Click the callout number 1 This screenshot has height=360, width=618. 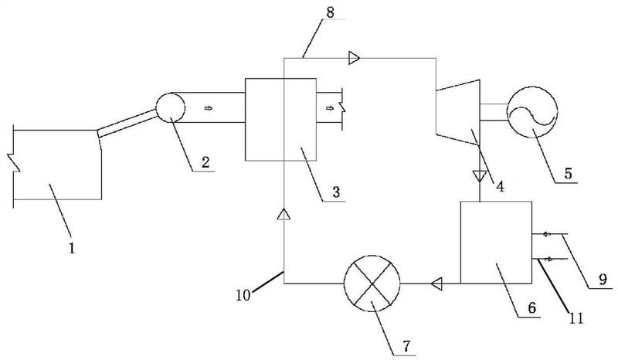pyautogui.click(x=72, y=249)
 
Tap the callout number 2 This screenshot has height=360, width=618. pyautogui.click(x=205, y=162)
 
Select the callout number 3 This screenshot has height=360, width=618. pyautogui.click(x=336, y=192)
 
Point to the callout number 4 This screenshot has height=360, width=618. pyautogui.click(x=500, y=186)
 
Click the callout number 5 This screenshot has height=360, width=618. pyautogui.click(x=568, y=174)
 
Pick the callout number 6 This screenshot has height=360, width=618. pyautogui.click(x=531, y=307)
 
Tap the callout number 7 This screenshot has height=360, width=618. pyautogui.click(x=406, y=346)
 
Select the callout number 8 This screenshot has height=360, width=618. pyautogui.click(x=331, y=12)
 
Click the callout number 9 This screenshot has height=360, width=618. pyautogui.click(x=603, y=280)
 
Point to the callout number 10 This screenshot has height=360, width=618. pyautogui.click(x=243, y=295)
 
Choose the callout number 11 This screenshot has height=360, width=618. pyautogui.click(x=576, y=318)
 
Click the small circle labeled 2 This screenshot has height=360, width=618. pyautogui.click(x=170, y=107)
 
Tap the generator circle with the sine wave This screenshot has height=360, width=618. pyautogui.click(x=532, y=112)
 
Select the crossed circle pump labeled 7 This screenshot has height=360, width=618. pyautogui.click(x=372, y=283)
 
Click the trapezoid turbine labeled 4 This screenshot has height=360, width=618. pyautogui.click(x=457, y=113)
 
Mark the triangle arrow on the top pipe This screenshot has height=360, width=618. pyautogui.click(x=355, y=59)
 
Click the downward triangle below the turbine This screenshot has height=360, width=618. pyautogui.click(x=480, y=175)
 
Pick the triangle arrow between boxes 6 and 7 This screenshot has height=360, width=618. pyautogui.click(x=436, y=283)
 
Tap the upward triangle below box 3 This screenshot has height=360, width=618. pyautogui.click(x=284, y=214)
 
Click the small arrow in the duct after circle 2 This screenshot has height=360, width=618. pyautogui.click(x=208, y=107)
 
